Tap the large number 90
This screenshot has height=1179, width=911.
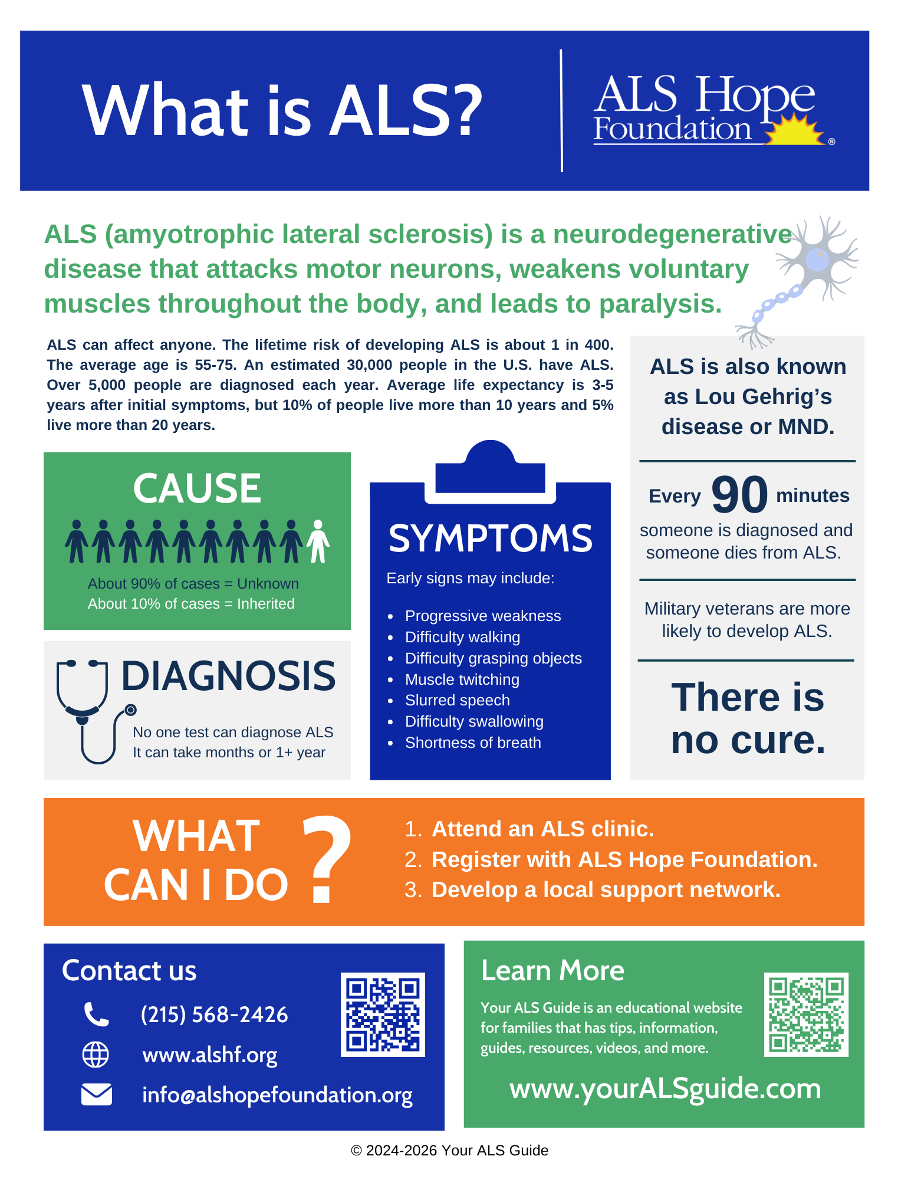pyautogui.click(x=739, y=495)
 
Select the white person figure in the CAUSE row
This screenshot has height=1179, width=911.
pyautogui.click(x=318, y=541)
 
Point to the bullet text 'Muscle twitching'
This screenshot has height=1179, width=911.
pyautogui.click(x=462, y=679)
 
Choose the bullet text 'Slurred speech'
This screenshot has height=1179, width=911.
pyautogui.click(x=457, y=700)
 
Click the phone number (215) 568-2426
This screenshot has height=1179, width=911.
pyautogui.click(x=214, y=1014)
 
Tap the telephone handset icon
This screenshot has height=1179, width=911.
pyautogui.click(x=96, y=1014)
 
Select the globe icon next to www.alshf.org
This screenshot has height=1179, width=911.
pyautogui.click(x=96, y=1055)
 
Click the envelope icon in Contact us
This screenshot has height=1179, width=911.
pyautogui.click(x=96, y=1095)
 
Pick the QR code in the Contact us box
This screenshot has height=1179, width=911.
pyautogui.click(x=383, y=1014)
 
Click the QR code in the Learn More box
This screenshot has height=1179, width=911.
pyautogui.click(x=806, y=1014)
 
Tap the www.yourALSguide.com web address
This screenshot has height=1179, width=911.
pyautogui.click(x=665, y=1089)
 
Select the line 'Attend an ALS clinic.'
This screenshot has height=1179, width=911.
pyautogui.click(x=542, y=829)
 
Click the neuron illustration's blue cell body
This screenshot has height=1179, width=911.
pyautogui.click(x=817, y=259)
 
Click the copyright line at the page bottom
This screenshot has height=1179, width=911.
pyautogui.click(x=449, y=1151)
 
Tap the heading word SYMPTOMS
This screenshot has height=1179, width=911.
pyautogui.click(x=491, y=538)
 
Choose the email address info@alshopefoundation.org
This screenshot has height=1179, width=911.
pyautogui.click(x=277, y=1095)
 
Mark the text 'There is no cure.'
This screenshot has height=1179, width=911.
pyautogui.click(x=748, y=718)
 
